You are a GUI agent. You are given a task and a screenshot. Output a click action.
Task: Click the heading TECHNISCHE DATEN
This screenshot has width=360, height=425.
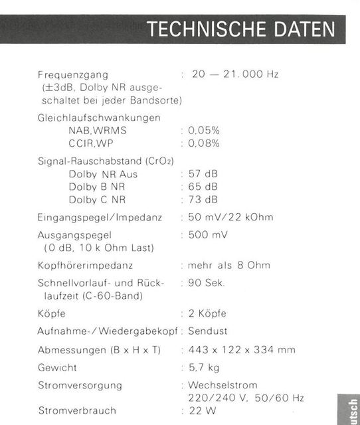tap(241, 30)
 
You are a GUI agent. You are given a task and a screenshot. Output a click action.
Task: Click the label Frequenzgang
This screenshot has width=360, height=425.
tap(73, 74)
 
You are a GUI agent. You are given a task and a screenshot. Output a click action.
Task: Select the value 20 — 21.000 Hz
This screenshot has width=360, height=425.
tap(235, 74)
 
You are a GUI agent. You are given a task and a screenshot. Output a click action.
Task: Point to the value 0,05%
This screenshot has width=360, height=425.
tap(204, 130)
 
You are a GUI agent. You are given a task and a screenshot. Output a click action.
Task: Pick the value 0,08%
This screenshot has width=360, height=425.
tap(204, 143)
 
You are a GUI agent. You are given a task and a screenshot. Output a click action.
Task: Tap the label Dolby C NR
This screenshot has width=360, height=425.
tap(98, 199)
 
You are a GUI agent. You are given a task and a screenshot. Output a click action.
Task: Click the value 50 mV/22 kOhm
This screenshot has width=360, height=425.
tap(230, 217)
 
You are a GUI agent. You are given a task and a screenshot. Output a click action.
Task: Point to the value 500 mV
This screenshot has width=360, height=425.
tap(208, 235)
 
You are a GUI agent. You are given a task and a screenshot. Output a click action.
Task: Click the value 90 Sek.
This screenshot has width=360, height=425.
tap(207, 283)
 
